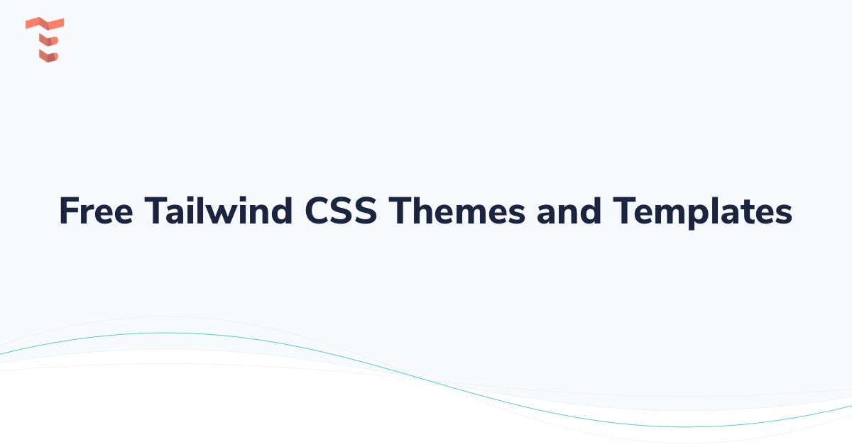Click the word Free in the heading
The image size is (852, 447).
(x=94, y=211)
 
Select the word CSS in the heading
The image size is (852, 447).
(x=340, y=211)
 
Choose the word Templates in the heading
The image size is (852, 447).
(x=703, y=211)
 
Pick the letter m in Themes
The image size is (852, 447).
(x=469, y=214)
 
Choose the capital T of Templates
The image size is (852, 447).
(x=624, y=211)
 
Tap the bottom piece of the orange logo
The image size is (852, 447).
(x=48, y=55)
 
